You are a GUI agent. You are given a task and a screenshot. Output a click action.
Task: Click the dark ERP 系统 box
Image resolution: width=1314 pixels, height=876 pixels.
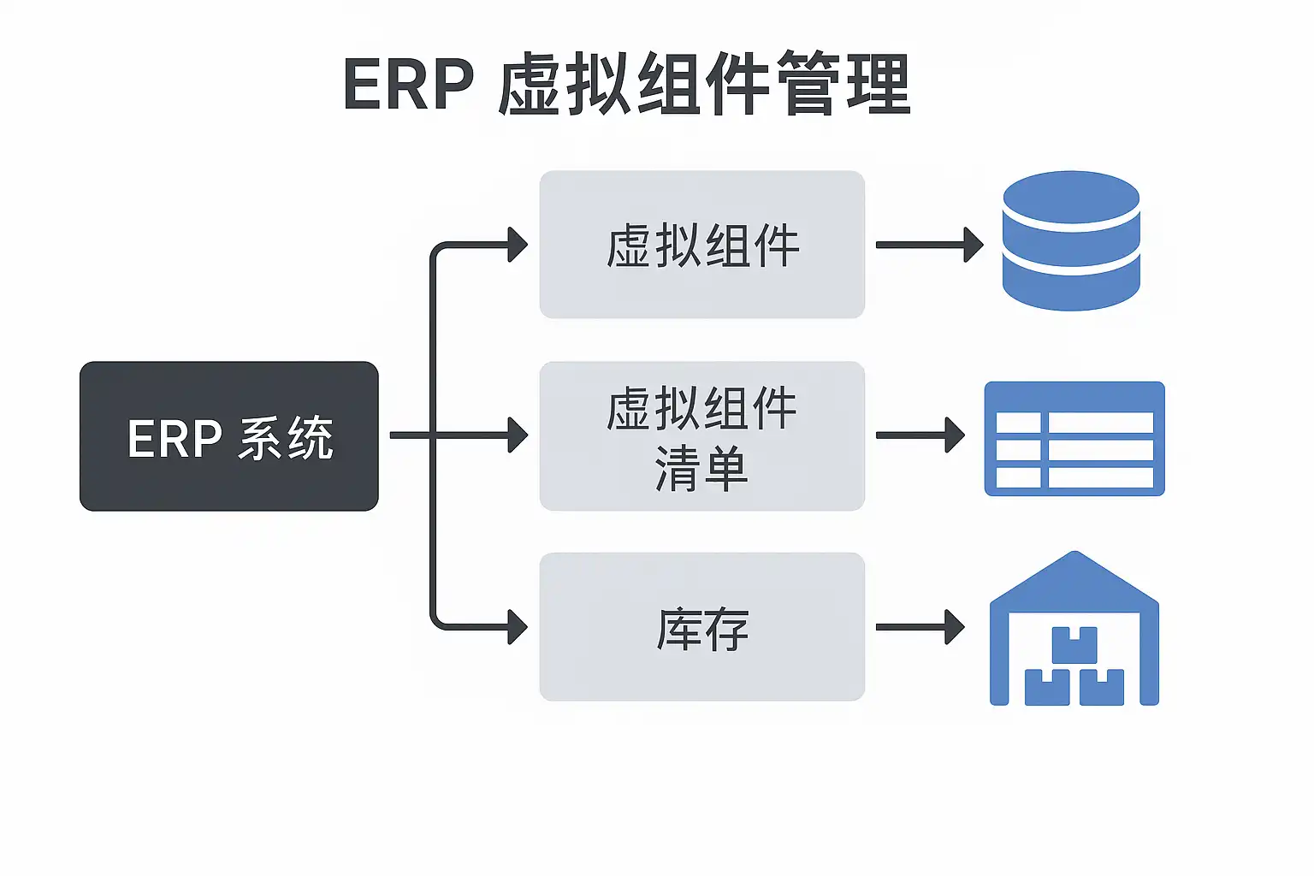(228, 436)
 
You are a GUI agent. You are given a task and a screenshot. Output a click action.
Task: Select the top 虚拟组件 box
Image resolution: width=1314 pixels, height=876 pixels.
(701, 245)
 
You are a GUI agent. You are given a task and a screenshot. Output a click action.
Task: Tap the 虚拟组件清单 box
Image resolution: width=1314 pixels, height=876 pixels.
(701, 436)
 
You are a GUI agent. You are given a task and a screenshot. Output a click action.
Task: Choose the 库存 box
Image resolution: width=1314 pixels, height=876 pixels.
(701, 627)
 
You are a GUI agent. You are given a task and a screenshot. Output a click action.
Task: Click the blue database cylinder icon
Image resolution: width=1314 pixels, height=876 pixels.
(1071, 240)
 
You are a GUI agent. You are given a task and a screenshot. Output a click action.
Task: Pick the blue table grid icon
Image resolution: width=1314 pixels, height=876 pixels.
(1074, 439)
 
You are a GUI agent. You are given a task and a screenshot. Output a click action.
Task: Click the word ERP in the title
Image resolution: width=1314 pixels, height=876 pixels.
(409, 85)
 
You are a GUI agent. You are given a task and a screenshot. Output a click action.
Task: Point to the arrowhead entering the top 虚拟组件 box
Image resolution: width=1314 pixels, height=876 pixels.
(518, 245)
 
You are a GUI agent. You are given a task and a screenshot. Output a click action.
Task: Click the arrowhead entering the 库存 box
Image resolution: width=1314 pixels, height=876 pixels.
(518, 627)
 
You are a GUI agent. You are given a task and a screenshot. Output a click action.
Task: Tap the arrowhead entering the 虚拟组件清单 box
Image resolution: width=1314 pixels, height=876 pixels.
(518, 435)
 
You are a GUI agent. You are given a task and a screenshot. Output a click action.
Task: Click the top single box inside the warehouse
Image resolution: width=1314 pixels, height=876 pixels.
(1074, 644)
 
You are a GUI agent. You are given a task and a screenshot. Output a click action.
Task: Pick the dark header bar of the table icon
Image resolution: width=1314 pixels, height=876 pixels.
(1074, 396)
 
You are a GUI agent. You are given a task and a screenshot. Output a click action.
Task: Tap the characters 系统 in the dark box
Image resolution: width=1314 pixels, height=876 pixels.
(286, 439)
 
